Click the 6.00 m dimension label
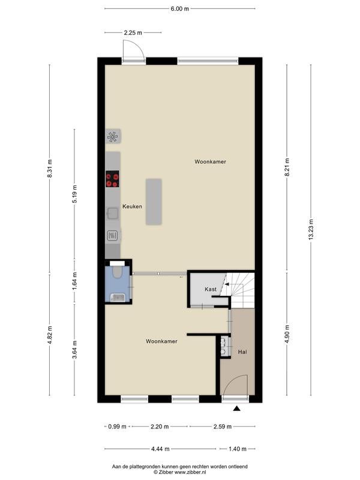click(x=179, y=8)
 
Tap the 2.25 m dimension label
click(x=133, y=32)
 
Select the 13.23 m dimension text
click(x=311, y=229)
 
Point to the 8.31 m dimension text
click(x=50, y=169)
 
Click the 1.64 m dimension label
click(x=74, y=281)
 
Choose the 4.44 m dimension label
click(x=160, y=449)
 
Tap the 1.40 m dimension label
click(x=238, y=449)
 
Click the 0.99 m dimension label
click(x=117, y=427)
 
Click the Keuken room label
click(x=132, y=206)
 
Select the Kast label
click(x=211, y=289)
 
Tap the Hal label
click(x=242, y=352)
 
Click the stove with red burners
click(x=112, y=179)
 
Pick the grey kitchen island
click(x=154, y=202)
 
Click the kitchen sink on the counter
click(x=113, y=213)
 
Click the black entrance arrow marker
click(x=236, y=408)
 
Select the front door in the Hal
click(x=235, y=386)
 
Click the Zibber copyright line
click(x=179, y=472)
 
